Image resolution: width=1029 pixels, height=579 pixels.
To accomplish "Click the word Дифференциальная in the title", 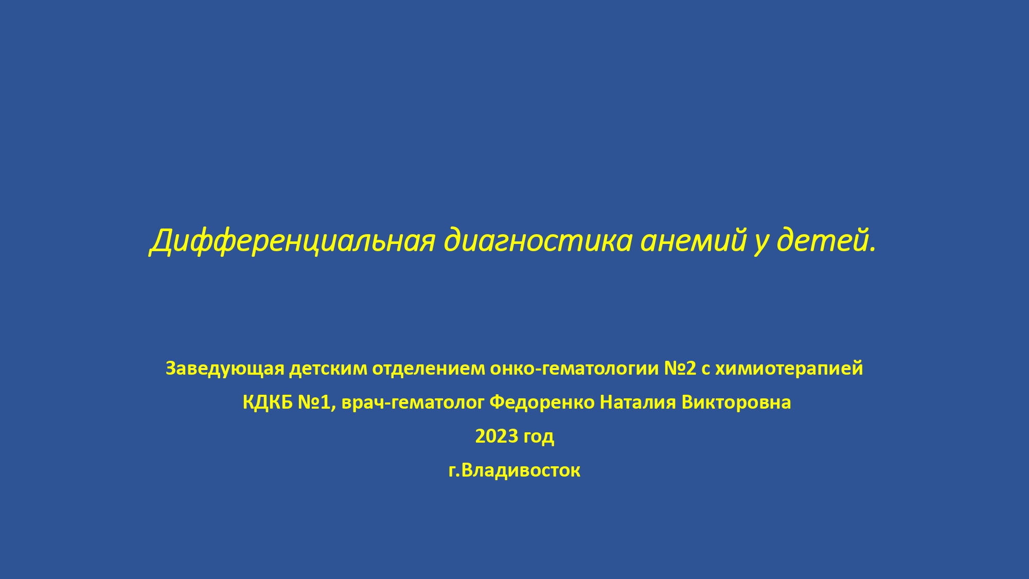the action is [x=293, y=241].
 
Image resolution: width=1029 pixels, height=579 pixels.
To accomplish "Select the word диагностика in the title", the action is [x=538, y=241].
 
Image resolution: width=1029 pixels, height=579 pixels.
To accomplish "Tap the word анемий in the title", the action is [x=694, y=240].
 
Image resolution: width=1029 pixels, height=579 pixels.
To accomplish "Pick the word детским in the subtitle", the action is [x=328, y=369].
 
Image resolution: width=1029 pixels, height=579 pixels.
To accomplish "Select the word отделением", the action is [x=429, y=369].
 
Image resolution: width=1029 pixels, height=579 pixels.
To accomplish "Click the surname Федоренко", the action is [x=542, y=402].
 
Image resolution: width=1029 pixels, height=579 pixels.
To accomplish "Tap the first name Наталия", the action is [x=638, y=402].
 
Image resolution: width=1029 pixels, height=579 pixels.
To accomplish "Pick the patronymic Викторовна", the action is [x=736, y=402].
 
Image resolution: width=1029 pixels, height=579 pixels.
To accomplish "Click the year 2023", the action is [x=496, y=436].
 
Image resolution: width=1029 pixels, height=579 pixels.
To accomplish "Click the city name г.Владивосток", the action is [x=514, y=470].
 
